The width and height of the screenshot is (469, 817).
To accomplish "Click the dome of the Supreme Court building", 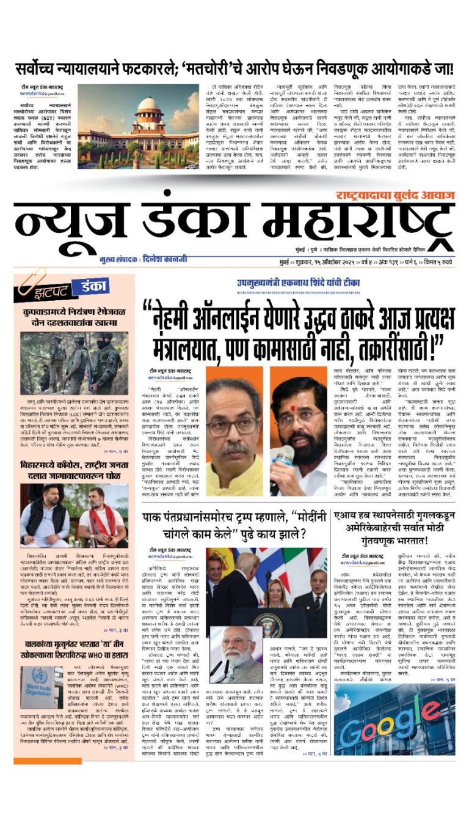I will pyautogui.click(x=148, y=106).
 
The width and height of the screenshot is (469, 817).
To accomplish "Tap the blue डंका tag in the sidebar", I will pyautogui.click(x=90, y=286).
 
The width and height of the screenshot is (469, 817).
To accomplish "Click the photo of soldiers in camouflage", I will pyautogui.click(x=74, y=363).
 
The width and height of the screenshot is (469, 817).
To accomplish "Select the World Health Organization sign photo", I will pyautogui.click(x=42, y=688).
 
